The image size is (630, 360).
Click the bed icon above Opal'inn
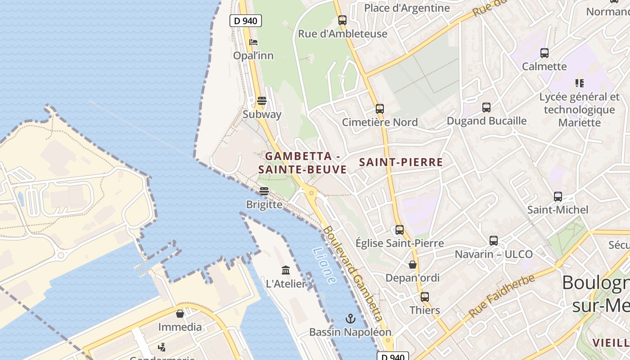[253, 42]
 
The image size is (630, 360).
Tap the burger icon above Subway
[261, 100]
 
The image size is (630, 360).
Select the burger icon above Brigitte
[264, 191]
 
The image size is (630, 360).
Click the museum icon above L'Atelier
[286, 270]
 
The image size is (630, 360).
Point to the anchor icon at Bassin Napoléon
[350, 319]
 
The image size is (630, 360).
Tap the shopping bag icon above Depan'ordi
[413, 265]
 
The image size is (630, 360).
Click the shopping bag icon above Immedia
[180, 314]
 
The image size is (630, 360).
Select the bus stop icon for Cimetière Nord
[380, 109]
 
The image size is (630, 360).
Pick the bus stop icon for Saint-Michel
[558, 197]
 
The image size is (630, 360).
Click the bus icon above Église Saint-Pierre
[399, 230]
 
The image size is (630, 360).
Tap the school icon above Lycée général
[580, 83]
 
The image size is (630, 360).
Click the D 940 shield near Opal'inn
[245, 20]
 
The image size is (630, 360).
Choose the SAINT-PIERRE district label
[401, 162]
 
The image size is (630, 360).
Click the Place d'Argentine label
[407, 8]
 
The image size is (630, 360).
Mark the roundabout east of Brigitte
[310, 193]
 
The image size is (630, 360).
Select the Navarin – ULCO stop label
[494, 254]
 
